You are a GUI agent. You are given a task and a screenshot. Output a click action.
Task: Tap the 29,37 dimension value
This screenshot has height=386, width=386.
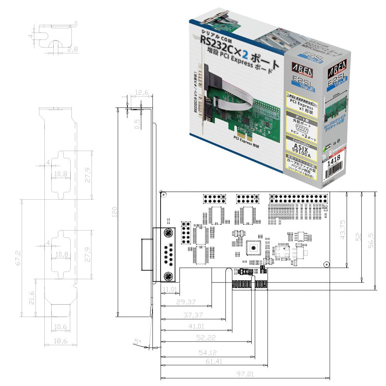click(x=186, y=301)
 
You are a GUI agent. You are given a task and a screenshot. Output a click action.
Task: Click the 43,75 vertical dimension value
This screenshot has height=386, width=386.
click(x=342, y=229)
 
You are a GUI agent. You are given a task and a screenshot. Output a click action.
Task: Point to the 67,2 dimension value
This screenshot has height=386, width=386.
click(x=17, y=258)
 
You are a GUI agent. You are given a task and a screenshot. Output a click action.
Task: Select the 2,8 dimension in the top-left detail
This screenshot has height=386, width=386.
click(x=72, y=49)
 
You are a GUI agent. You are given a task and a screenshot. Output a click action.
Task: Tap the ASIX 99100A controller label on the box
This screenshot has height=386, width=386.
click(x=302, y=145)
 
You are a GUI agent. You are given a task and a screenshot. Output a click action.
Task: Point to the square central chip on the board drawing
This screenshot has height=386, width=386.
click(x=254, y=247)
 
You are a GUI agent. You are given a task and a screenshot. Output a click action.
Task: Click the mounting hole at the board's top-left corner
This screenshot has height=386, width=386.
click(x=164, y=195)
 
